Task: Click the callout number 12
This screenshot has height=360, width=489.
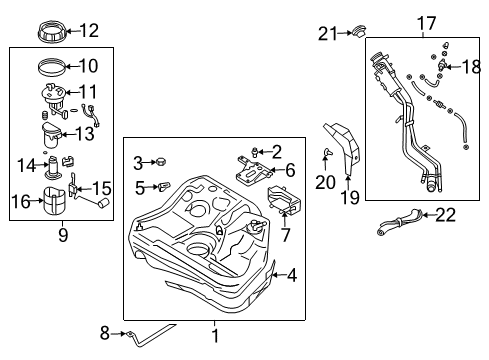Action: (x=89, y=30)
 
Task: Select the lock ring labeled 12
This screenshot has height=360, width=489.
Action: (x=51, y=32)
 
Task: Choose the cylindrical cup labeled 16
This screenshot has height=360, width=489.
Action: (x=52, y=204)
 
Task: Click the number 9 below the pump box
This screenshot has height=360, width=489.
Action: (x=62, y=237)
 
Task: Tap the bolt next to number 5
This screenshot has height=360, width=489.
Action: (x=166, y=186)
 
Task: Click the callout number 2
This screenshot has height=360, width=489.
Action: (x=277, y=150)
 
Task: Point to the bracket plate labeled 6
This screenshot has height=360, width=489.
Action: (x=251, y=175)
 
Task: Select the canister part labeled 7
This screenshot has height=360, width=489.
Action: (x=287, y=204)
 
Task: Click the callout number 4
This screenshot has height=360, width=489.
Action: (x=291, y=273)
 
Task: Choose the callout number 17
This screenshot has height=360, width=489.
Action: (x=427, y=22)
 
